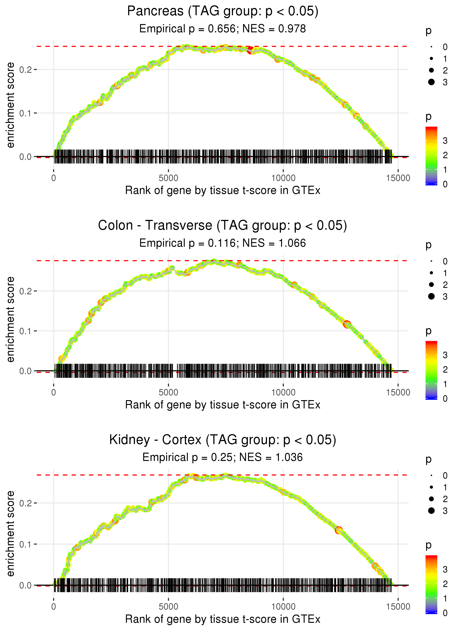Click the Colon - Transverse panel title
point(223,226)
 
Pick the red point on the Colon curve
point(347,324)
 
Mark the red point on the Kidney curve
point(339,530)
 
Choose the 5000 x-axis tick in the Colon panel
point(168,392)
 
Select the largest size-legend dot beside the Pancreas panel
point(431,82)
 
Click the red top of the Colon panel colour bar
point(431,343)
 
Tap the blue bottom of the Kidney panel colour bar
point(431,612)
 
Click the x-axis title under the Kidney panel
point(223,619)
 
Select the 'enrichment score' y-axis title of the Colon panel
point(11,319)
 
